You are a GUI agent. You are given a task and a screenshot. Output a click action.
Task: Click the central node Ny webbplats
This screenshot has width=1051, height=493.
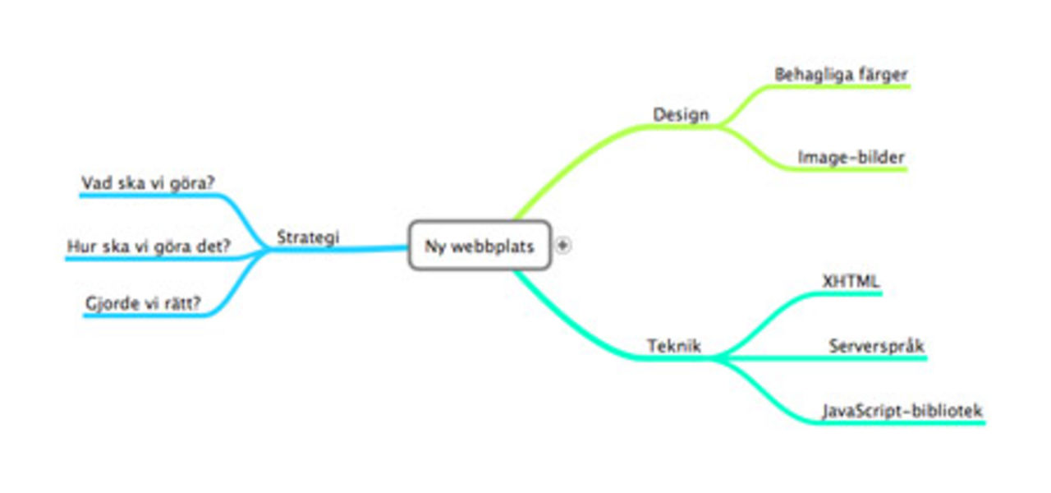click(480, 246)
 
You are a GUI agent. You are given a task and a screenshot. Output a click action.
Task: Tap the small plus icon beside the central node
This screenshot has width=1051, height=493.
click(563, 244)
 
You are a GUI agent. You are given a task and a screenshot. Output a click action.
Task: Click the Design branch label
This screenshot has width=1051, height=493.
click(681, 114)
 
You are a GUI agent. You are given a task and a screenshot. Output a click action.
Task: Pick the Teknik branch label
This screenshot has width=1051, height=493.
click(673, 346)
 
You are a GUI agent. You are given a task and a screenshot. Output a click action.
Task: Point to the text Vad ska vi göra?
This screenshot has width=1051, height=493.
click(154, 182)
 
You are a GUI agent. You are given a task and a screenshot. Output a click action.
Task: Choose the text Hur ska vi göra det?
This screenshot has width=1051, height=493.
click(149, 246)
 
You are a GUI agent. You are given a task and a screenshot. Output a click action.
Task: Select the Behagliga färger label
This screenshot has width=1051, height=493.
click(841, 75)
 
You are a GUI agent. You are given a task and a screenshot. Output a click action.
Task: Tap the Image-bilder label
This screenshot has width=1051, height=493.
click(851, 156)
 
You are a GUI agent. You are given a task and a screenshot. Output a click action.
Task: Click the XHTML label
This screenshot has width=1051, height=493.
click(851, 281)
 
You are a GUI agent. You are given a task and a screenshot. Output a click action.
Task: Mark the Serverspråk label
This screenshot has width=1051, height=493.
click(876, 346)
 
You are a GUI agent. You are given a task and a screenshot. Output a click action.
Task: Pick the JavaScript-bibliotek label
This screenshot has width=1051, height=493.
click(902, 410)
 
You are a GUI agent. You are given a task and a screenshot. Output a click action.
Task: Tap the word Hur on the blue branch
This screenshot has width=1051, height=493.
click(80, 246)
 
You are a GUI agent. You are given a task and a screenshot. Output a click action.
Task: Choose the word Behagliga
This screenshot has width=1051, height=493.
click(813, 75)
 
